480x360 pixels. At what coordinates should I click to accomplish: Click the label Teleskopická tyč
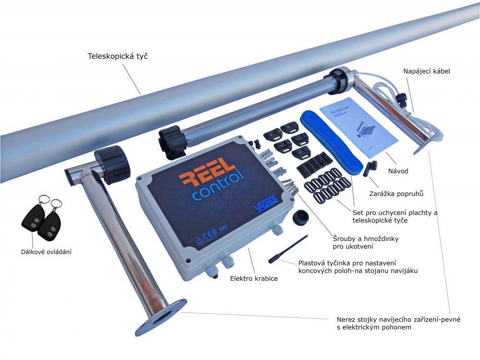117,56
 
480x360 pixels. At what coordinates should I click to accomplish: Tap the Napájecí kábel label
427,72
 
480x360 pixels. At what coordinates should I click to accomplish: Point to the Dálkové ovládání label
46,251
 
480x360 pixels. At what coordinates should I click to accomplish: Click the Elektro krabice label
253,278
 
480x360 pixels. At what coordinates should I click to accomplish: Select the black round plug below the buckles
303,216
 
